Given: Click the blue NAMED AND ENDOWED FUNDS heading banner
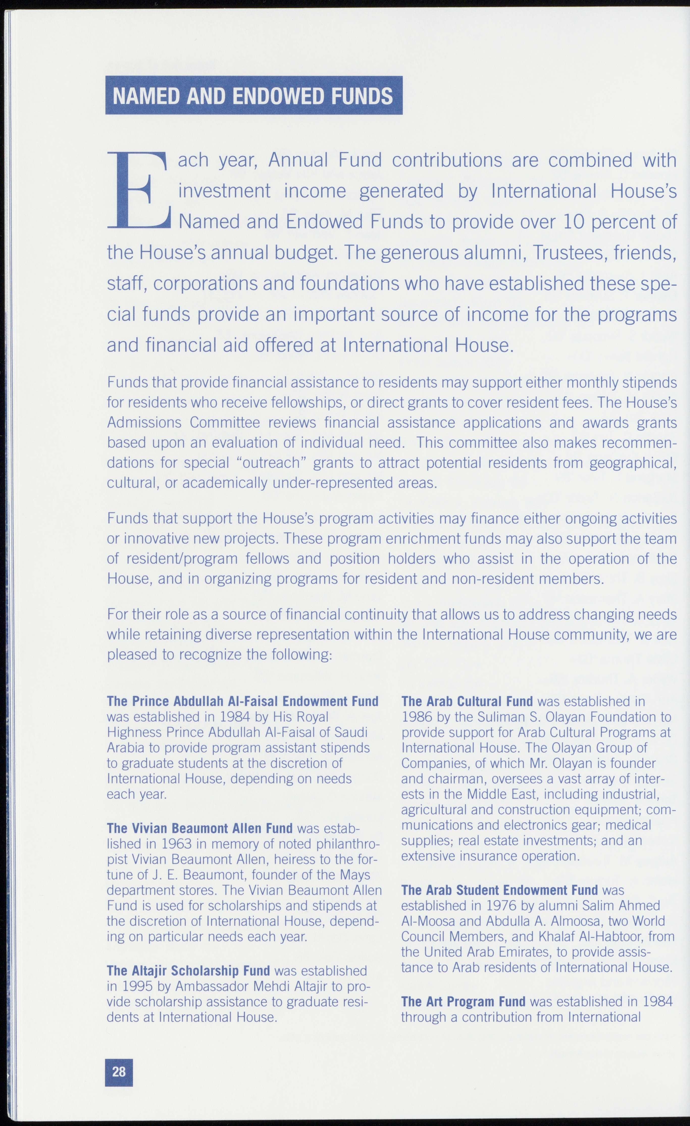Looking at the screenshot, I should [254, 95].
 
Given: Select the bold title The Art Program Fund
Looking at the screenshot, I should [463, 1001].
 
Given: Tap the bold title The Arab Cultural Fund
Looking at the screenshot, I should [467, 701].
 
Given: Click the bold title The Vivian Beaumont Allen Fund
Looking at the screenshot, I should [200, 828].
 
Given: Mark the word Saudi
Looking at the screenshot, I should [351, 733].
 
